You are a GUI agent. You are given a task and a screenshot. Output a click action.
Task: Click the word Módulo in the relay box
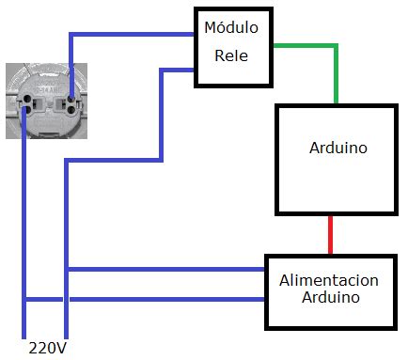[231, 28]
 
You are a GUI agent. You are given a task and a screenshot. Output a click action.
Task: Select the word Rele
[231, 55]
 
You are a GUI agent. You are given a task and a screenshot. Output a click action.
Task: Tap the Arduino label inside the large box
[337, 149]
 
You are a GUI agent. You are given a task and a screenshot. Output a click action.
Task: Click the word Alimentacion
[329, 281]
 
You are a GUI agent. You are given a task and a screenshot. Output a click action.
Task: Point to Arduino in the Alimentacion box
[330, 298]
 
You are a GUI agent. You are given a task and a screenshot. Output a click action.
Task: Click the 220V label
[48, 348]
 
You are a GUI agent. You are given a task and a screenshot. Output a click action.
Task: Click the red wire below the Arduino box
[330, 235]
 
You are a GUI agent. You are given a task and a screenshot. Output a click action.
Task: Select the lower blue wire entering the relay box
[179, 69]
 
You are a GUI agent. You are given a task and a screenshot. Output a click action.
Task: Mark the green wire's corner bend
[336, 45]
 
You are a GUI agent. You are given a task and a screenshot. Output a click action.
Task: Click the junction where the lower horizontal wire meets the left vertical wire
[24, 300]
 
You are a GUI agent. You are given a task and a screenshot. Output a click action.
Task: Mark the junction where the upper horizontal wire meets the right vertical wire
[66, 270]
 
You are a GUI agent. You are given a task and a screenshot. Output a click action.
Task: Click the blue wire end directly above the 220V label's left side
[24, 331]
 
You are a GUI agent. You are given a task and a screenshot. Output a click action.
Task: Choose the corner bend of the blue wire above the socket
[70, 37]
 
